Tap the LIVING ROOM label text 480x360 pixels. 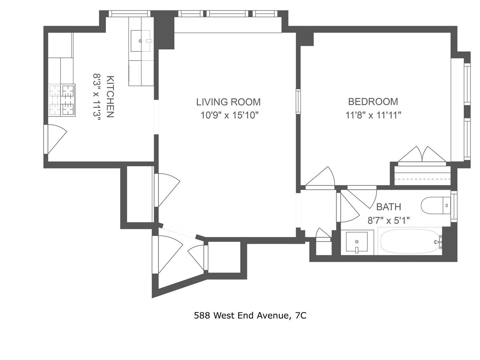click(x=228, y=102)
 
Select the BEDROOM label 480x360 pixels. click(x=373, y=102)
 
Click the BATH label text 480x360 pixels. click(x=389, y=207)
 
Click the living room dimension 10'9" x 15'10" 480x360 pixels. click(x=230, y=116)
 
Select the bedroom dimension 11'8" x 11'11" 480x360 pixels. click(x=373, y=115)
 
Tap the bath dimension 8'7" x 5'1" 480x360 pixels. click(x=389, y=220)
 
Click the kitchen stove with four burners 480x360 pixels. click(x=62, y=100)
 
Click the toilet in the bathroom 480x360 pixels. click(x=435, y=206)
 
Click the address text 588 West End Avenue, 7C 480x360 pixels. click(x=250, y=316)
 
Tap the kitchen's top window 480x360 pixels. click(x=129, y=14)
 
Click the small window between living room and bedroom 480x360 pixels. click(x=298, y=102)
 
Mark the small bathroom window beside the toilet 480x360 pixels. click(x=454, y=207)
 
